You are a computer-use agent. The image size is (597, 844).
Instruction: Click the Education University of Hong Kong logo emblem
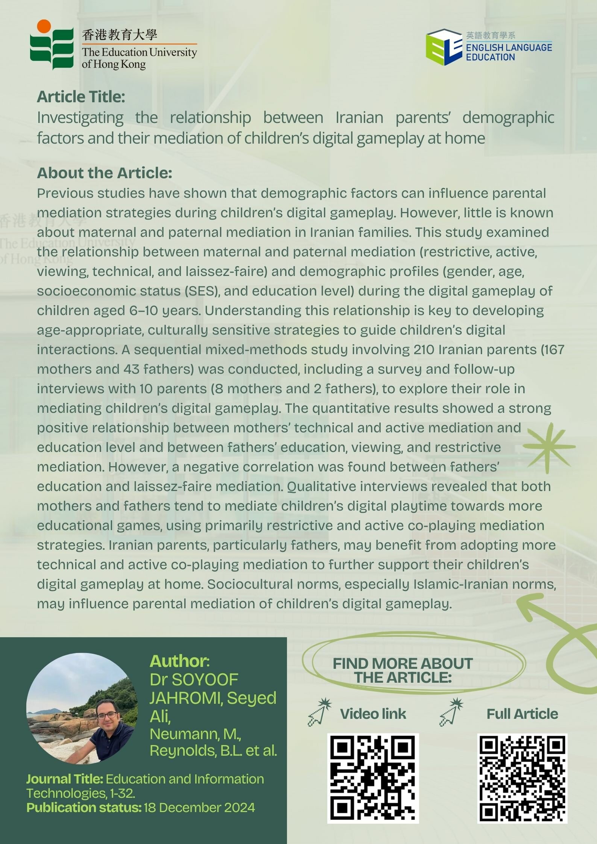[x=52, y=45]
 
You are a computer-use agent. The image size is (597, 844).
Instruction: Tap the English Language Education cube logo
[x=444, y=47]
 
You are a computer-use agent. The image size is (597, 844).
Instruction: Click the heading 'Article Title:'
[x=81, y=97]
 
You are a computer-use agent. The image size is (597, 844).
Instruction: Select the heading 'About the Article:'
[x=105, y=173]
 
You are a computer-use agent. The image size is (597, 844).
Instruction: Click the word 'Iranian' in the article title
[x=359, y=118]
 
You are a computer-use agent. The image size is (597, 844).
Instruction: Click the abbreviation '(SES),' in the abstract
[x=203, y=291]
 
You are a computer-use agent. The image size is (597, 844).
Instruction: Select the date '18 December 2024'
[x=199, y=808]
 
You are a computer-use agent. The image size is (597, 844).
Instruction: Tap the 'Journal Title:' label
[x=65, y=779]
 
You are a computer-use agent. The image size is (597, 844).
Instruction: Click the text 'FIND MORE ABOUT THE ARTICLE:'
[x=403, y=671]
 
